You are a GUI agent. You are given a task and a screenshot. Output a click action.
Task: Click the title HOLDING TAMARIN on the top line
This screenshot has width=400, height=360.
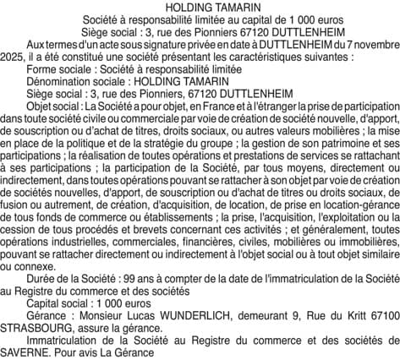click(200, 7)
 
